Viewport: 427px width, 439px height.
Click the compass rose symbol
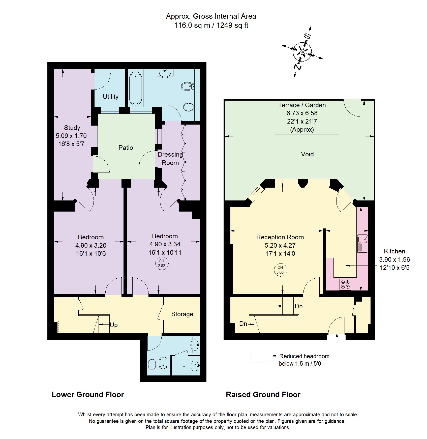point(302,52)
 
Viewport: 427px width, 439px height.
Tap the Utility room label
point(110,97)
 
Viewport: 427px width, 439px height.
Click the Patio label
point(126,148)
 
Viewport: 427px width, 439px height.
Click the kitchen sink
point(362,244)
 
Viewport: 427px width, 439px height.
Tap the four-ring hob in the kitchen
point(345,284)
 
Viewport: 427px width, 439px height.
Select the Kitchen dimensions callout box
point(394,259)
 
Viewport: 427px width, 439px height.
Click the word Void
point(307,154)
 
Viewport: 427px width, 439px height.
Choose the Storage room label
point(182,314)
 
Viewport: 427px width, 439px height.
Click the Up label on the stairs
point(114,325)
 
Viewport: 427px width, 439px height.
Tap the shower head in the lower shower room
point(195,365)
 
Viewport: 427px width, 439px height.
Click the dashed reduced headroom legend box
point(259,357)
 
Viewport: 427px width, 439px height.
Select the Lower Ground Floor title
point(88,395)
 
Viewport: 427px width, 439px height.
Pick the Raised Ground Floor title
point(263,395)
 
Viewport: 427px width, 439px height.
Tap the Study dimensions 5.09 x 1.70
point(71,136)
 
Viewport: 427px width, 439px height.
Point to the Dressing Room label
point(170,159)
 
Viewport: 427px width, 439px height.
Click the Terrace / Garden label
point(302,105)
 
